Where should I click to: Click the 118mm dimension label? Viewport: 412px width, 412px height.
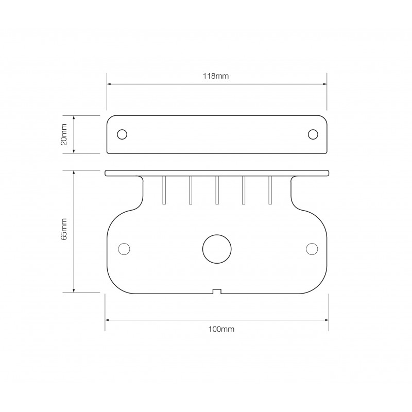[x=215, y=76]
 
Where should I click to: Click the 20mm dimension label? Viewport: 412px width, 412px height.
[x=64, y=134]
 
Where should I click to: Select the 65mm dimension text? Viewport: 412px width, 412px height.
[x=64, y=229]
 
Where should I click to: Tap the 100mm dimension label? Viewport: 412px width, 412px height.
[x=221, y=329]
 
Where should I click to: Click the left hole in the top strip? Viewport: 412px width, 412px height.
[x=122, y=134]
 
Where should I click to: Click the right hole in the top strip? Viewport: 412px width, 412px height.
[x=313, y=134]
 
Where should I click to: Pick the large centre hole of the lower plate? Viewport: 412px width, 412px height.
[x=217, y=249]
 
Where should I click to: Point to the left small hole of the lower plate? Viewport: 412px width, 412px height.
[x=124, y=249]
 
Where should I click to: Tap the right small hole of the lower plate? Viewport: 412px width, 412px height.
[x=312, y=249]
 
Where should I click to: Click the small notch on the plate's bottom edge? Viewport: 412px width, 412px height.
[x=217, y=291]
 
